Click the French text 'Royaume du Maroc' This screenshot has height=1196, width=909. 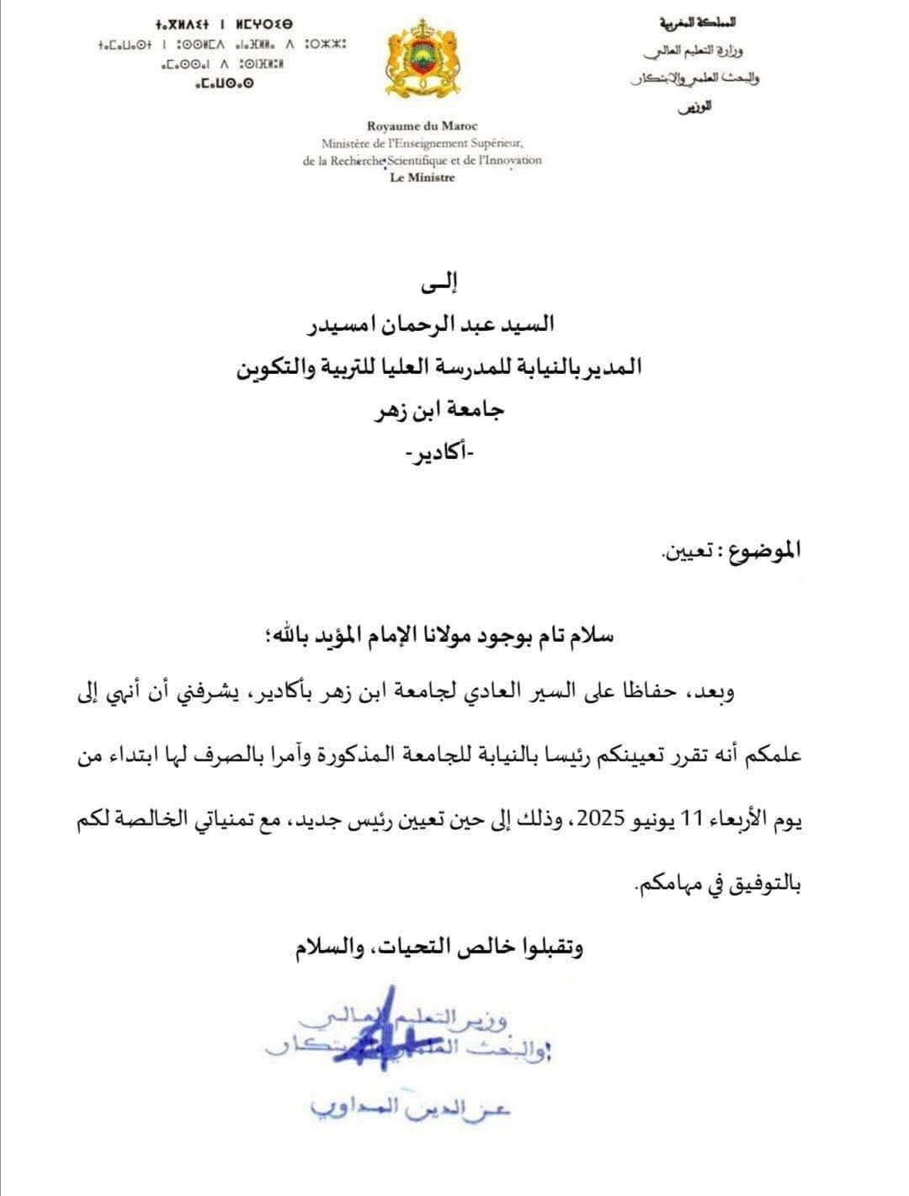[x=423, y=126]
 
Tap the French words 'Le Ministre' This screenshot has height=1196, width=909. [x=423, y=178]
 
